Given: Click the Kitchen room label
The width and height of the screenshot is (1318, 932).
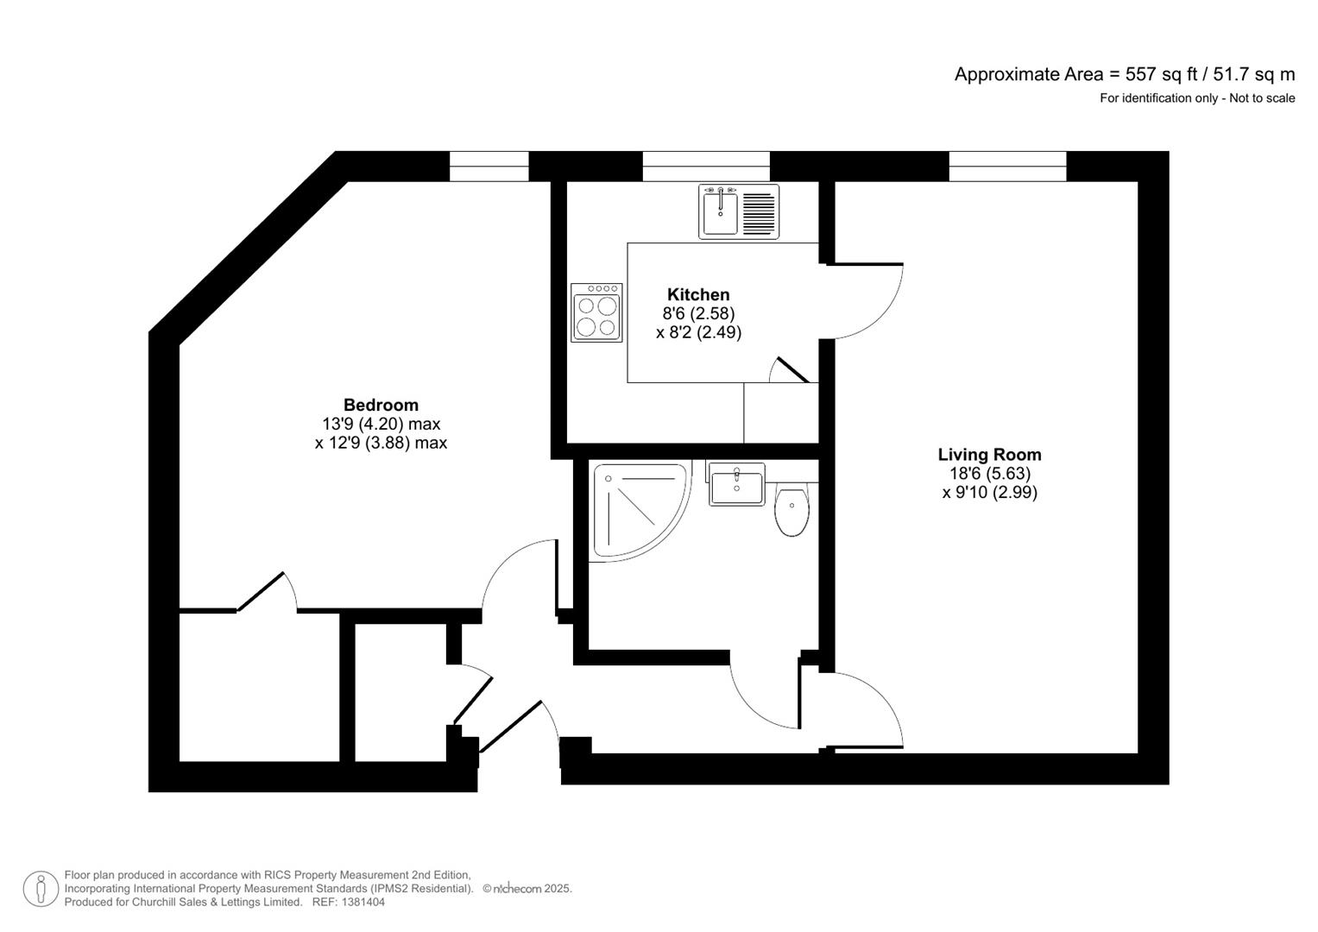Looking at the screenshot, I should click(x=698, y=295).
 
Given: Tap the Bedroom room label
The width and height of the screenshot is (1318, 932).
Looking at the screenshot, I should click(x=381, y=405).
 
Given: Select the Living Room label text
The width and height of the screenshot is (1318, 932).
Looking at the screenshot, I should click(x=989, y=455).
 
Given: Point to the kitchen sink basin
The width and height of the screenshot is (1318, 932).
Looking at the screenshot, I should click(x=719, y=212).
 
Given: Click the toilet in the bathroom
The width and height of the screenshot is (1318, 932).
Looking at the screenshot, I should click(x=791, y=512).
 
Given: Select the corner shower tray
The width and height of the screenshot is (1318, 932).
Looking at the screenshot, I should click(x=636, y=512).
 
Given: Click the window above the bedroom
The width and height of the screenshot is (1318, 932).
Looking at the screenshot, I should click(x=489, y=166).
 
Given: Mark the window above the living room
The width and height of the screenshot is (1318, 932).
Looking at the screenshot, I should click(x=1007, y=166).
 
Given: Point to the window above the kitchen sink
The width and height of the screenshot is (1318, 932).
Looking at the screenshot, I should click(x=705, y=166).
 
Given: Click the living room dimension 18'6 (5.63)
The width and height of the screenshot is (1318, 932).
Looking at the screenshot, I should click(x=989, y=474).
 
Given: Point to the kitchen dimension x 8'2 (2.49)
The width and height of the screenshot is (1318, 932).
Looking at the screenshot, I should click(x=698, y=332).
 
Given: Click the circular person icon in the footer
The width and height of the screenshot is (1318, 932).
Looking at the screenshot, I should click(x=41, y=889).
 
